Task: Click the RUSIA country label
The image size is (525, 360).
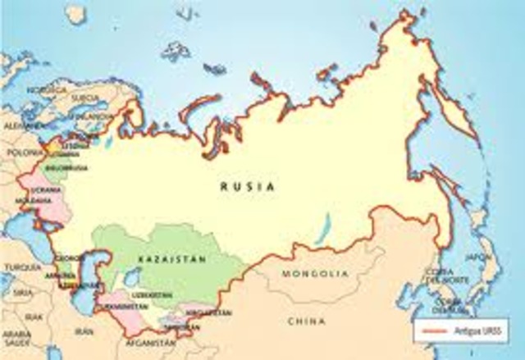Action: (x=247, y=186)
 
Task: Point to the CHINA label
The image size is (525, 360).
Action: (x=308, y=321)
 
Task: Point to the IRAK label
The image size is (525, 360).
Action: (x=32, y=315)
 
